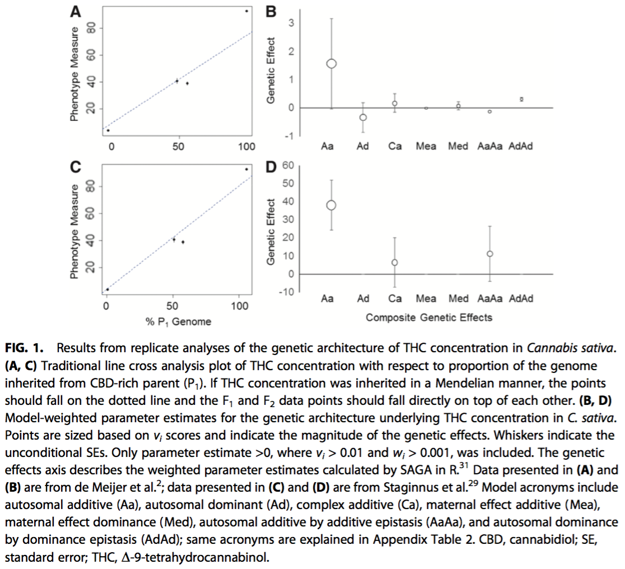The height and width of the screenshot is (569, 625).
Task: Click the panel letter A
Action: point(75,9)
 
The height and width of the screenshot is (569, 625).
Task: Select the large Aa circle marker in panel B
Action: point(331,63)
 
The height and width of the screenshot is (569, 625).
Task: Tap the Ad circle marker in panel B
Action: point(363,117)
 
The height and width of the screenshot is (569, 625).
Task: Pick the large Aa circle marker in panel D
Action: point(331,206)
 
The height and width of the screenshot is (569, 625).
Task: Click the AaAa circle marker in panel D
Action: point(490,254)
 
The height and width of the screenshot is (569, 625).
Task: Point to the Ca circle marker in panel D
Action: point(395,262)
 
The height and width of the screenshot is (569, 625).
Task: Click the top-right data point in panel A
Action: point(246,11)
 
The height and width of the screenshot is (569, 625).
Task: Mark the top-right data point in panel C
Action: point(246,169)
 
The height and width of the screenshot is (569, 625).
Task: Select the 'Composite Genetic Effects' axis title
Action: point(428,318)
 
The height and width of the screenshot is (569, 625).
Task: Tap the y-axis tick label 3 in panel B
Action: point(291,23)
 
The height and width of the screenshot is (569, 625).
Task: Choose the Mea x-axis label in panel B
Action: point(426,147)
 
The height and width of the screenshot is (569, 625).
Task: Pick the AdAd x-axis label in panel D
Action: point(521,299)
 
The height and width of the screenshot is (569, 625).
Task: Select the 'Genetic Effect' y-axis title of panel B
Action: point(271,70)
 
